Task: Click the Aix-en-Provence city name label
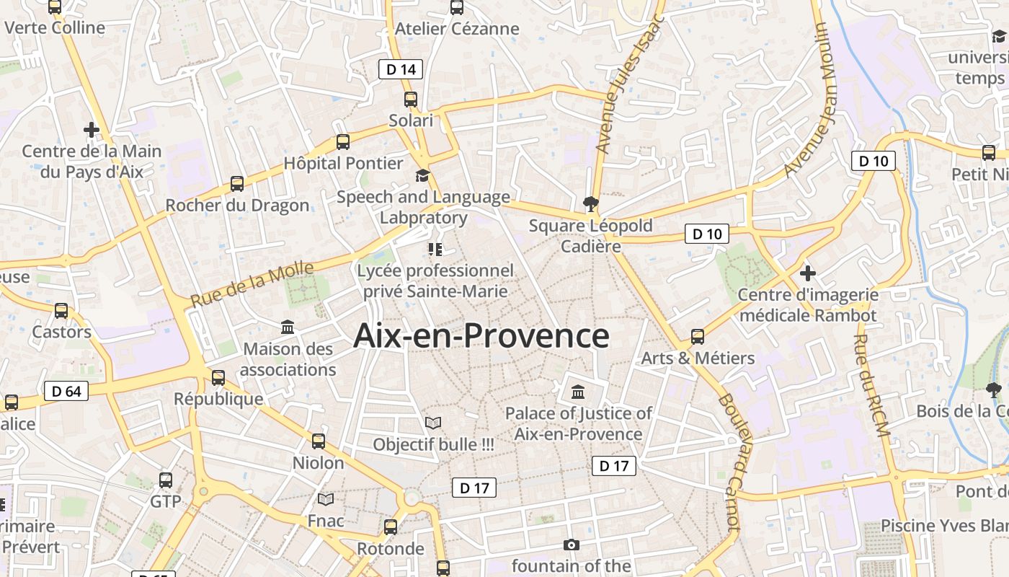tap(481, 336)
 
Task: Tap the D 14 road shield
tap(401, 69)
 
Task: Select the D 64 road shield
tap(66, 391)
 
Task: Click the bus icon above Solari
tap(411, 100)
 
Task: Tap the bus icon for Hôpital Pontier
tap(343, 142)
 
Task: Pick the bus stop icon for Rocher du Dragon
tap(237, 184)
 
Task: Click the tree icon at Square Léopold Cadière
tap(591, 204)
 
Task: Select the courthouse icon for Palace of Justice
tap(578, 392)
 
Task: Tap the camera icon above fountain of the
tap(572, 545)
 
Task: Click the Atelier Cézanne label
tap(457, 29)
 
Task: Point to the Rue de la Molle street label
tap(252, 284)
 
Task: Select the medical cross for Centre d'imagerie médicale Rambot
tap(808, 273)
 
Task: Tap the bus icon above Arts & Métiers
tap(698, 336)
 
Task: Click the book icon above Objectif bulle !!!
tap(433, 423)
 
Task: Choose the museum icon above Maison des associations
tap(288, 327)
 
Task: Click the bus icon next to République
tap(218, 377)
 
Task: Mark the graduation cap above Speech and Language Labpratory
tap(422, 175)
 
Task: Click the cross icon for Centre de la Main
tap(92, 130)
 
